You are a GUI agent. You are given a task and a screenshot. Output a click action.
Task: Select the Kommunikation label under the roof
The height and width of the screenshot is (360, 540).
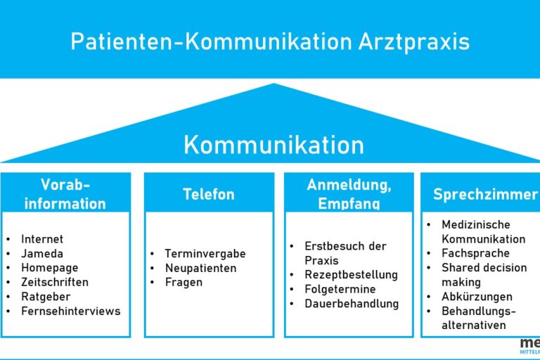274,145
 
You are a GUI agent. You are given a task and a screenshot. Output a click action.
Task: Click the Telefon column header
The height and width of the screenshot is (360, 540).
209,194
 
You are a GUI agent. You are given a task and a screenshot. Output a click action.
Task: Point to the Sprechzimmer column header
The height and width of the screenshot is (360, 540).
484,194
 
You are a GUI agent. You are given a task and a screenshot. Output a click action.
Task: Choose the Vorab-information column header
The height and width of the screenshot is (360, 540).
65,194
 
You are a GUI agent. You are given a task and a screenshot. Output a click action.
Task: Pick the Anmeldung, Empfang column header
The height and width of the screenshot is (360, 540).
349,194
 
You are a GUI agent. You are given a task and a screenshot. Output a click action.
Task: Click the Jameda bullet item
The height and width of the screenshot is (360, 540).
42,254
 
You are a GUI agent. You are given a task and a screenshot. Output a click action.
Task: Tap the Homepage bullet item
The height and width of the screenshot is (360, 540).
49,268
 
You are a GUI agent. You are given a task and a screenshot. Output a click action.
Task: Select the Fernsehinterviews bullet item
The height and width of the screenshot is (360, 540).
70,311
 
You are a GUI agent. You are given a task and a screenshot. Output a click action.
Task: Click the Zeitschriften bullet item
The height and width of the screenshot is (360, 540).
55,282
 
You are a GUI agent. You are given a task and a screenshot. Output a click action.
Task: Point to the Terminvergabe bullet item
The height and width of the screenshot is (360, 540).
205,254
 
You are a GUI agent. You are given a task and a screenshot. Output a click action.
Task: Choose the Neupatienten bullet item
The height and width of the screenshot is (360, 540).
200,268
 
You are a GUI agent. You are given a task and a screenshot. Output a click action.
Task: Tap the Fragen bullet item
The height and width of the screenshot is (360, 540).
183,282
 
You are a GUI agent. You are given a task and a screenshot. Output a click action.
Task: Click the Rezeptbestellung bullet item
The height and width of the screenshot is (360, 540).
351,275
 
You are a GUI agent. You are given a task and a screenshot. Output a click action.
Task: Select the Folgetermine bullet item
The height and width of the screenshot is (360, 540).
340,289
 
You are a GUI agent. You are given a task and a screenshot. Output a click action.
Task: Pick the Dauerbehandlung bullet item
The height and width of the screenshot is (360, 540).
352,304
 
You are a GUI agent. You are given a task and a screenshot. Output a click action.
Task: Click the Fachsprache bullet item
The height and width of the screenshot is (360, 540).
475,253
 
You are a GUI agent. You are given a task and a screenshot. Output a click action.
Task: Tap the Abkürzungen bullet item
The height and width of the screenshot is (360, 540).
477,296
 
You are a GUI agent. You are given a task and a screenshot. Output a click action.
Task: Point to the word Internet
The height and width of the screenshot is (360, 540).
42,239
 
